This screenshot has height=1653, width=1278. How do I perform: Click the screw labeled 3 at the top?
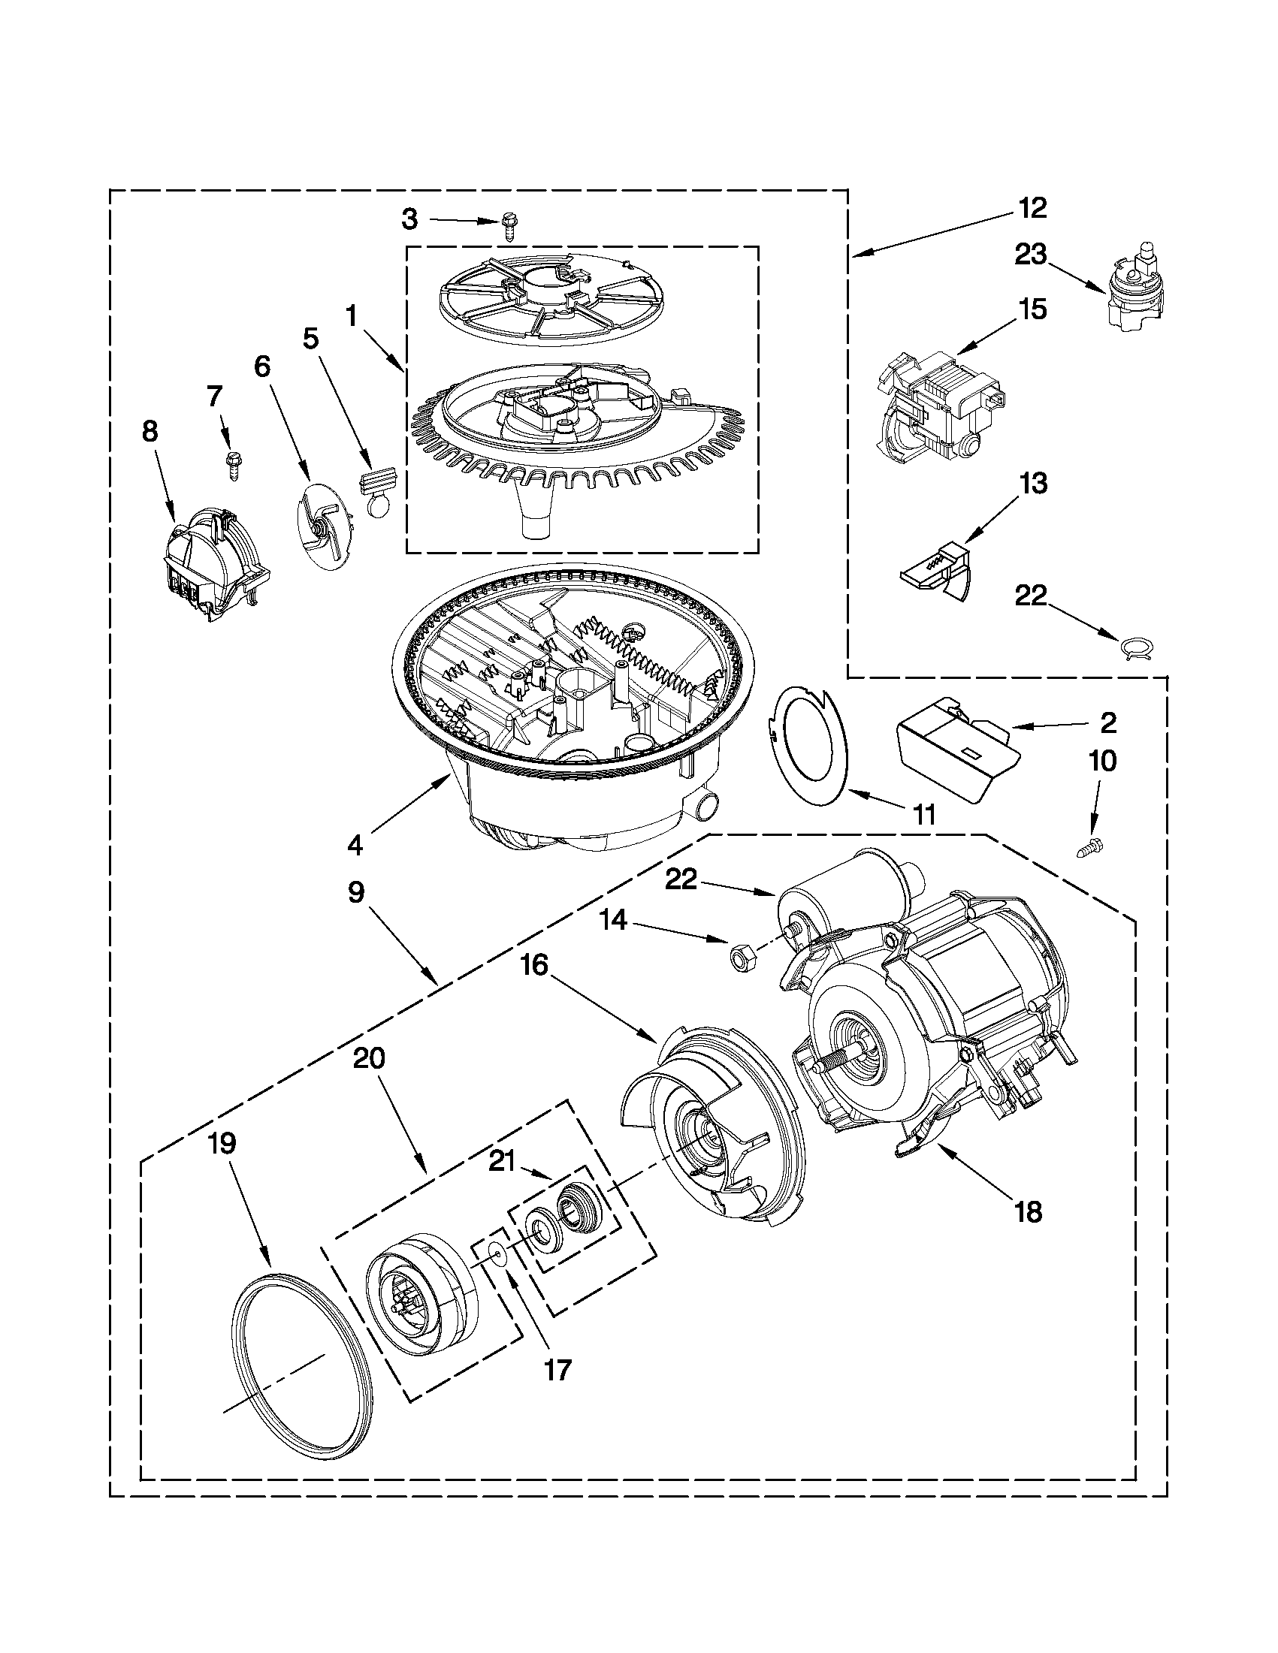(509, 225)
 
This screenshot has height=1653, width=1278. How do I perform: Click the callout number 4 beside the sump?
(355, 844)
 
